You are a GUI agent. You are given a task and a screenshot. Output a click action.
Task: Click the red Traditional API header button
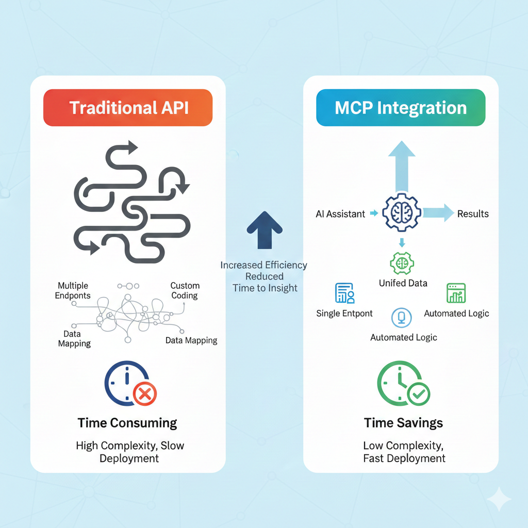pos(128,108)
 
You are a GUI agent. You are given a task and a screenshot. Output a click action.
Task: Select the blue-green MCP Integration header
pos(401,108)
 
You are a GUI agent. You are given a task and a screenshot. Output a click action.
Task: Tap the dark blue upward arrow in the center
pos(264,230)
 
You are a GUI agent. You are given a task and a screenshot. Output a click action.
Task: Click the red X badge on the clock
pos(145,394)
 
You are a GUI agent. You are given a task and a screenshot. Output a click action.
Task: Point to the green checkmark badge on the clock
pos(418,394)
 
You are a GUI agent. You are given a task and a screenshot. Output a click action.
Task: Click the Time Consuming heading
pos(127,423)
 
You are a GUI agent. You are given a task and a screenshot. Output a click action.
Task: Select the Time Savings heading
pos(403,423)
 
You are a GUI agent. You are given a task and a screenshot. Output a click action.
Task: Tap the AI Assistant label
pos(340,214)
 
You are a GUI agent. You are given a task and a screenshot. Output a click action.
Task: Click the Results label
pos(473,213)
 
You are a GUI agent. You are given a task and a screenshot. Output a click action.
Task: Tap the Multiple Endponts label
pos(74,291)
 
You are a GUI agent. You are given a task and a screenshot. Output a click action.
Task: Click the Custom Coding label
pos(185,291)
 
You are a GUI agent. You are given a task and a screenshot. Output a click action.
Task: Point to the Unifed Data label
pos(403,283)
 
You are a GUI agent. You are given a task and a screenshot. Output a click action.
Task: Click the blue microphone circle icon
pos(402,317)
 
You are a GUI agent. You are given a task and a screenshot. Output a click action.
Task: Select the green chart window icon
pos(456,293)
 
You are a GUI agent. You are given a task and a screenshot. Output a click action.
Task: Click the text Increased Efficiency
pos(264,266)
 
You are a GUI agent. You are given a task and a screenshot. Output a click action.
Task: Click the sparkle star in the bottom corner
pos(499,499)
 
